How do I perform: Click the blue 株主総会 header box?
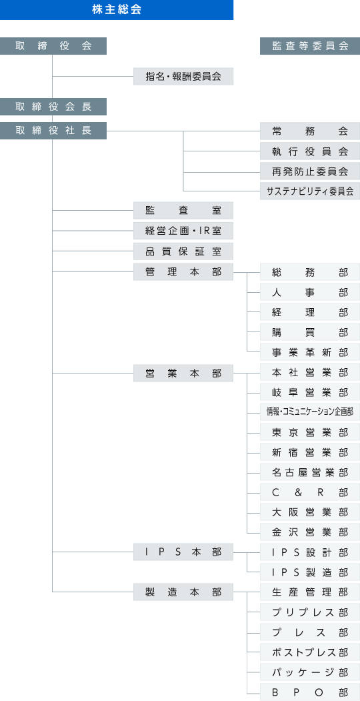point(117,10)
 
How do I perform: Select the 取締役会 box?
point(53,46)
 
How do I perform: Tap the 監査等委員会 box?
point(310,46)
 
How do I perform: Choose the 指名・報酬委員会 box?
point(183,77)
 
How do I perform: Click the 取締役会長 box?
point(53,107)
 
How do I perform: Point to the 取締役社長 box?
point(53,131)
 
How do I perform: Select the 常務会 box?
point(310,131)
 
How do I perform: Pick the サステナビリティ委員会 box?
point(310,191)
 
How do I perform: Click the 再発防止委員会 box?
point(310,171)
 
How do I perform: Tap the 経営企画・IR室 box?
point(183,231)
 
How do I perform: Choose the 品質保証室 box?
point(183,251)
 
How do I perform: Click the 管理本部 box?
point(183,272)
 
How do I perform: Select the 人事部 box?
point(310,292)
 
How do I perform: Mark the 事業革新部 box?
point(310,352)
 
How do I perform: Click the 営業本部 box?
point(183,373)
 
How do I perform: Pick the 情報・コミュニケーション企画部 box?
point(310,412)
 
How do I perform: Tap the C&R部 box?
point(310,492)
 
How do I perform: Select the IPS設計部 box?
point(310,552)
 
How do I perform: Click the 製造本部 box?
point(183,592)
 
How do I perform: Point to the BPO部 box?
point(310,692)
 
